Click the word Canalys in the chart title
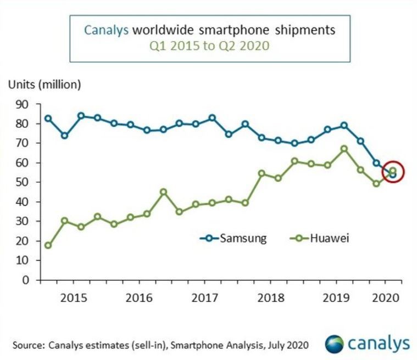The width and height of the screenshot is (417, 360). point(106,30)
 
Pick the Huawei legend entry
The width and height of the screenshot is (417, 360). point(322,238)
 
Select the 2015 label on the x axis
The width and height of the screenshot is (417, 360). point(73,298)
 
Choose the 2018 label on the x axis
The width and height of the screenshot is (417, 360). point(270,298)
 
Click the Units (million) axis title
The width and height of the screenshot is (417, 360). point(44,85)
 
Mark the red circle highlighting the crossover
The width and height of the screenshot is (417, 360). point(392,172)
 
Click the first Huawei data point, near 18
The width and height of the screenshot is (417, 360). point(48,245)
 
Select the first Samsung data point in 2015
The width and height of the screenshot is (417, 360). point(48,119)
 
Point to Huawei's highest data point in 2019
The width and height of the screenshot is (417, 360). point(343,149)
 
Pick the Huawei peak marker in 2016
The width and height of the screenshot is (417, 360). point(163,192)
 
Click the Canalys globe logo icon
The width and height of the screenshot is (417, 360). point(334,344)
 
